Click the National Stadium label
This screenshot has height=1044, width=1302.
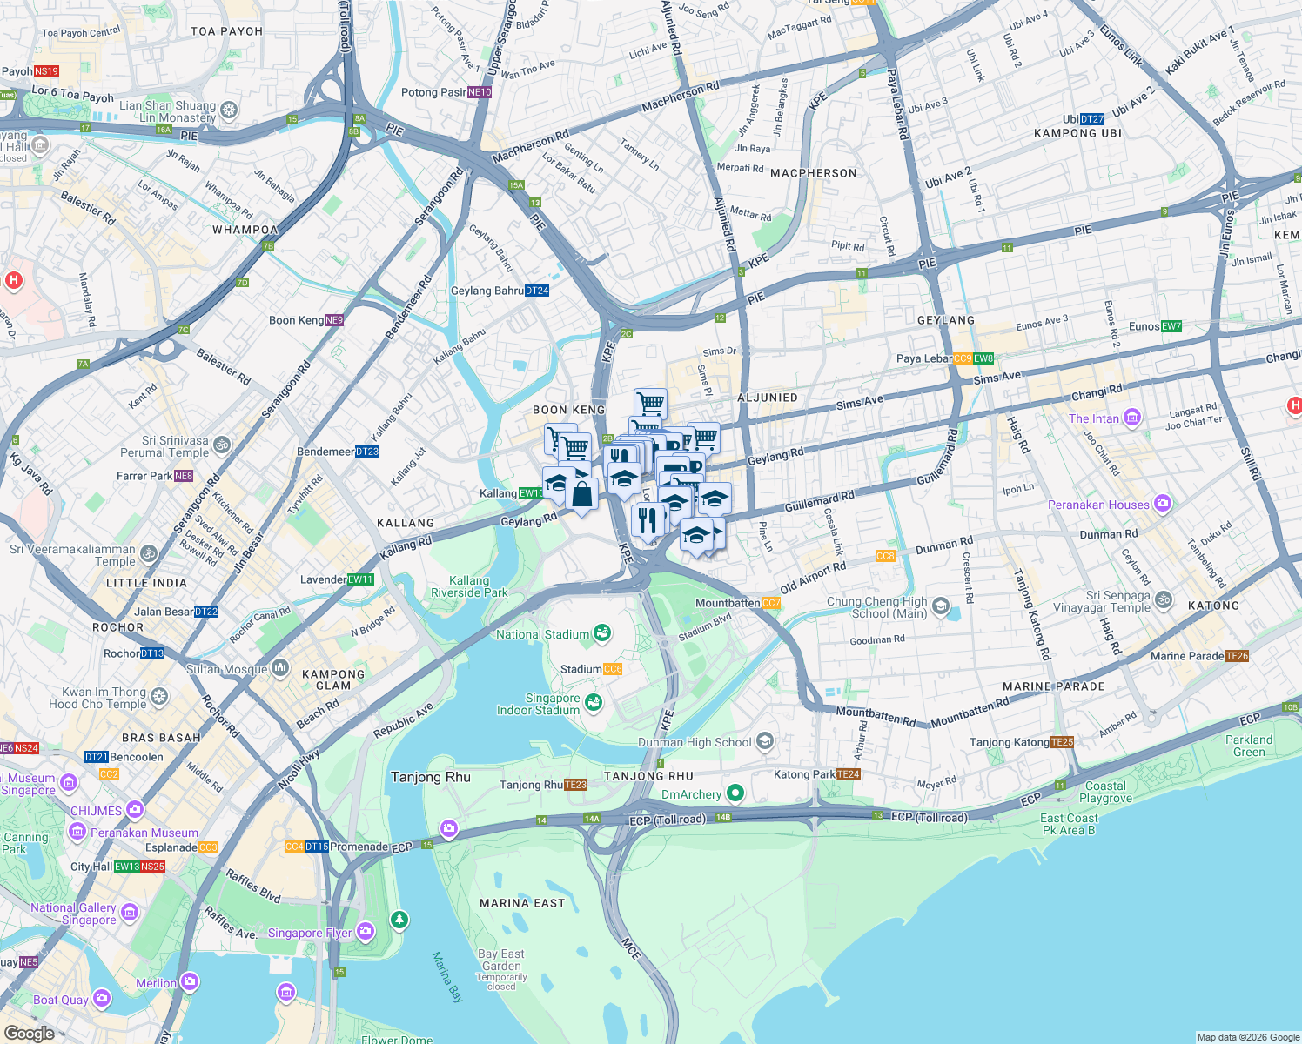pos(542,634)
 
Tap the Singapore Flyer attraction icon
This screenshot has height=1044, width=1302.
pos(365,932)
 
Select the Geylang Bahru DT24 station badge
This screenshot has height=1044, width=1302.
pos(537,291)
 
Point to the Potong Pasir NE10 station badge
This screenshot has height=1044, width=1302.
pos(480,92)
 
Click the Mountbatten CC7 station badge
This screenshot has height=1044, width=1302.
pos(771,603)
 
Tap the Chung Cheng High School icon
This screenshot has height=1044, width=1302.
pos(940,606)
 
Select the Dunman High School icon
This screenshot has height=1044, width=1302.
pos(765,741)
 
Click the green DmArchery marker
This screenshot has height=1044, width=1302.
pos(735,793)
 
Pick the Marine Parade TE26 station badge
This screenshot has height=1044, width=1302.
pos(1237,656)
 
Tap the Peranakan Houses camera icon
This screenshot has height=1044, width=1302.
pos(1163,504)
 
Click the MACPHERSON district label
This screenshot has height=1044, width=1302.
pos(814,173)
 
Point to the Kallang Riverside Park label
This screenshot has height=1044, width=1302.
pos(469,586)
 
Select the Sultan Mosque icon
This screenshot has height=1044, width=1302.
pos(280,668)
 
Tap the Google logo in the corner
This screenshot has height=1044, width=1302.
pos(29,1033)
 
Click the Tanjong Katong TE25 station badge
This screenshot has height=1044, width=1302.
pos(1062,742)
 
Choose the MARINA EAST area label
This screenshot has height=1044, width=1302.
pos(522,903)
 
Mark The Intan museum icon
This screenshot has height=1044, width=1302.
pos(1131,418)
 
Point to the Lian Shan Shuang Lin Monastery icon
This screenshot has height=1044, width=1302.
pos(229,110)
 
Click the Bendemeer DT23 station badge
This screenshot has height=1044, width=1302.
pos(367,452)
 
